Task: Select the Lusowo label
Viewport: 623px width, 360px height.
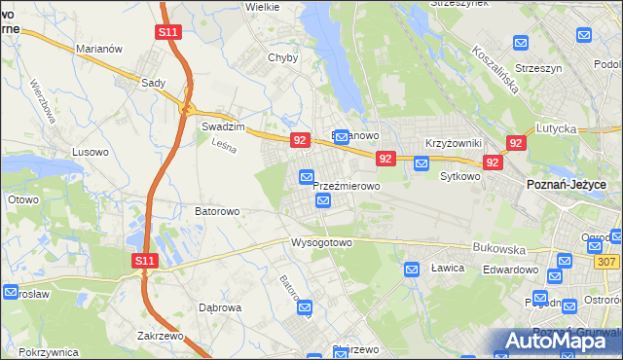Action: pos(92,152)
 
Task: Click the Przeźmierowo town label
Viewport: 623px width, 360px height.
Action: pos(346,185)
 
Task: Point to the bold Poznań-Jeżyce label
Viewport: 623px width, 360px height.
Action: pos(567,185)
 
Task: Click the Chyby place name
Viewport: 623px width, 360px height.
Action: pos(282,57)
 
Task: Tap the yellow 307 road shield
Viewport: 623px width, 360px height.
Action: pos(606,263)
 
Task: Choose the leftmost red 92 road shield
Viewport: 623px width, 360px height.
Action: pos(300,141)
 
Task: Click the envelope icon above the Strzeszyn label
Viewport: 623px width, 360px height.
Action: pos(521,43)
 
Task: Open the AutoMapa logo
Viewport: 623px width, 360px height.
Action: pos(558,340)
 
